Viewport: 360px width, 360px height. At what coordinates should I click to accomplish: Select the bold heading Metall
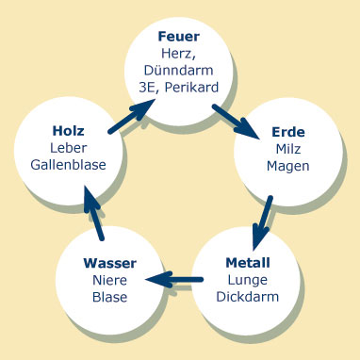tap(249, 263)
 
